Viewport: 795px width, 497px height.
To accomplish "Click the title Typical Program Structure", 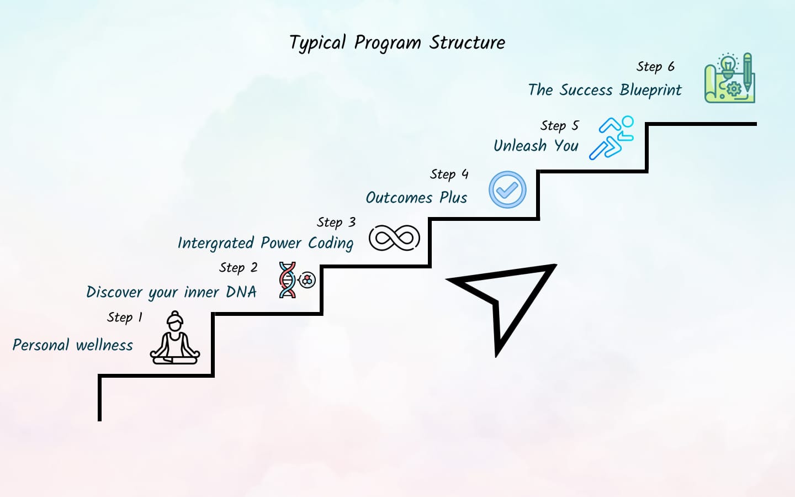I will pyautogui.click(x=397, y=43).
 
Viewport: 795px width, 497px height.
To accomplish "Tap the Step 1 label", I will pyautogui.click(x=125, y=318).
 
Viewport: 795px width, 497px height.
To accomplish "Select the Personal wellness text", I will pyautogui.click(x=73, y=346).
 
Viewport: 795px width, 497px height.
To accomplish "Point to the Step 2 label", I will pyautogui.click(x=238, y=268).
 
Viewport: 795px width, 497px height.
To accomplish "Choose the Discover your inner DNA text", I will pyautogui.click(x=171, y=292).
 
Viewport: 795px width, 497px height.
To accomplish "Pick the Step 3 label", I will pyautogui.click(x=336, y=223).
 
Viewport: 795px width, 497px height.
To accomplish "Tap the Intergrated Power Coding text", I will pyautogui.click(x=265, y=244).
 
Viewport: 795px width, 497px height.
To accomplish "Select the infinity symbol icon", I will pyautogui.click(x=394, y=238).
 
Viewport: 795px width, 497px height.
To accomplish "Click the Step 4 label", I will pyautogui.click(x=449, y=175).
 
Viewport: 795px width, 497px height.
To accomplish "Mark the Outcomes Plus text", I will pyautogui.click(x=416, y=198).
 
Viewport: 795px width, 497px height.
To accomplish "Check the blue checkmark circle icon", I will pyautogui.click(x=507, y=189).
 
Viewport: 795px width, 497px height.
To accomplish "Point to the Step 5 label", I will pyautogui.click(x=559, y=126).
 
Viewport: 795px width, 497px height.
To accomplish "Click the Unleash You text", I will pyautogui.click(x=536, y=146).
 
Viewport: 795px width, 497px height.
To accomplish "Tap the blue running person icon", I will pyautogui.click(x=611, y=138).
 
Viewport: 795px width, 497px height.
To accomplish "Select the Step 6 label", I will pyautogui.click(x=655, y=67).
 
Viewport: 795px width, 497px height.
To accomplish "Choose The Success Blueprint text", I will pyautogui.click(x=605, y=90).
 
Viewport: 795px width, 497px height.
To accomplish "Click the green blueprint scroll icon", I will pyautogui.click(x=729, y=78).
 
